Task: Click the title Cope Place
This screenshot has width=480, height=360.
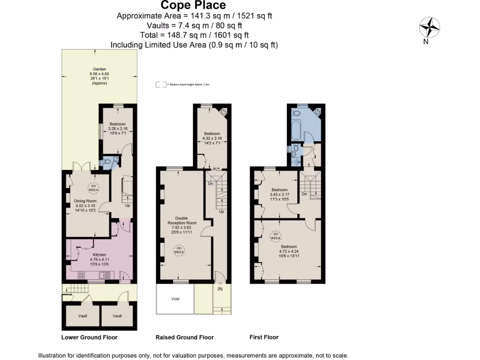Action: (194, 6)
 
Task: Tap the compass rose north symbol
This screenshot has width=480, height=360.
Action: (429, 28)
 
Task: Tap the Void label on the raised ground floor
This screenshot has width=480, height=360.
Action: (175, 299)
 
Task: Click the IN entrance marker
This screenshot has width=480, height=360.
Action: (219, 289)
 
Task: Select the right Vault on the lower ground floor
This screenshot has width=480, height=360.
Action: (117, 316)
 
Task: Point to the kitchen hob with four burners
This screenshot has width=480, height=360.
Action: (81, 275)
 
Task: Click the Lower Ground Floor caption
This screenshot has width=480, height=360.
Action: (90, 337)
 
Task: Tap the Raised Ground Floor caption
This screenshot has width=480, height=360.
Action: (184, 337)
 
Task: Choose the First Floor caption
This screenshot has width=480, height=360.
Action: (264, 337)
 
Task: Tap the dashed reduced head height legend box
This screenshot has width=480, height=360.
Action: (161, 85)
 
